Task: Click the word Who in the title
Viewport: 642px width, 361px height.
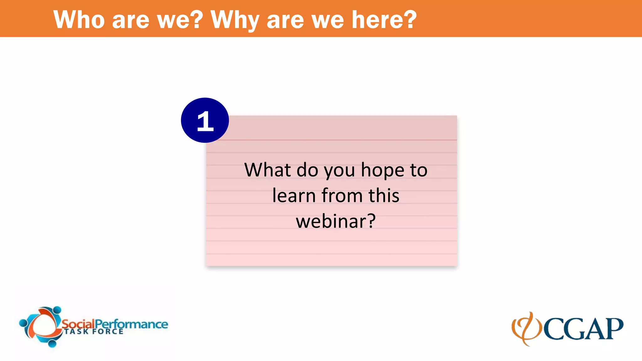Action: click(79, 20)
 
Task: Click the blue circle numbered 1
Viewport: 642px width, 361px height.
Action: click(205, 120)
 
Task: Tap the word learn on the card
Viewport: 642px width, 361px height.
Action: click(294, 196)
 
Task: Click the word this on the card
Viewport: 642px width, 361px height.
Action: click(384, 196)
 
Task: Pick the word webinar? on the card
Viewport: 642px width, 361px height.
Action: click(335, 221)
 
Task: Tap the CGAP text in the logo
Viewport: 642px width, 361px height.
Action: click(583, 329)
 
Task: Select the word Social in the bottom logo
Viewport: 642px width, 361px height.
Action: click(78, 324)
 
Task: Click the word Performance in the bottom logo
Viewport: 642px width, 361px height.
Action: click(131, 324)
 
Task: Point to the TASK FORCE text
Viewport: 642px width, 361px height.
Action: click(94, 332)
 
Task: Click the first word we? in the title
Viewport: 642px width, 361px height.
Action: click(180, 20)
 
